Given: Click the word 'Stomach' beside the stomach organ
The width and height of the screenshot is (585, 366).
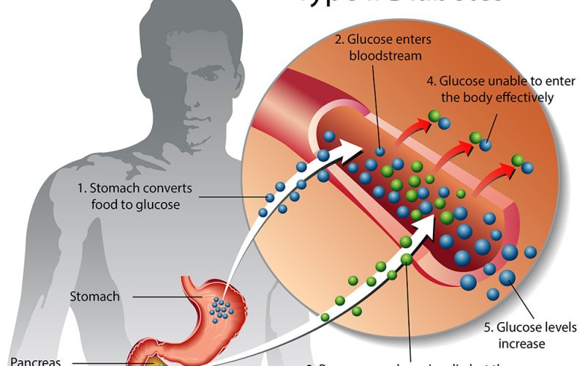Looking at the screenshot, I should (94, 296).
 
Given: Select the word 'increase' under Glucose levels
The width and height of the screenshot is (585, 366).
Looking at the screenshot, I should (522, 343).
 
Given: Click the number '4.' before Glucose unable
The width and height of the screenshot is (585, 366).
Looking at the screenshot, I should (432, 81).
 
